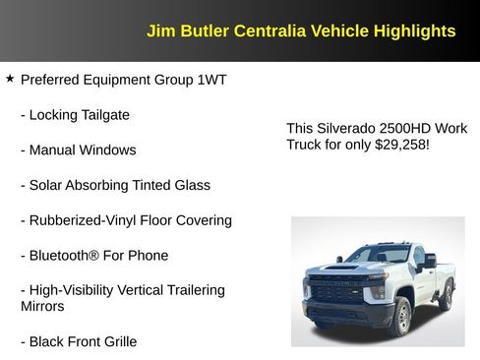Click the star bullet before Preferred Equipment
tap(10, 78)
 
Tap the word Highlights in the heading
tap(414, 30)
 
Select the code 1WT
tap(211, 79)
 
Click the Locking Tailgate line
tap(75, 114)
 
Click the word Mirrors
tap(42, 306)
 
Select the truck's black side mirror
tap(428, 260)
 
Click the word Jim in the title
tap(159, 30)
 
